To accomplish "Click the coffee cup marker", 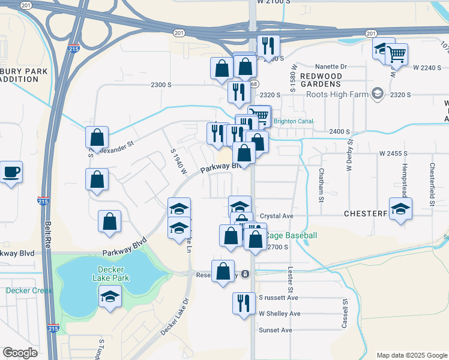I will pos(11,173).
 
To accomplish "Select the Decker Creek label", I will pos(29,291).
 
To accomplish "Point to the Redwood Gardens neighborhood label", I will pos(321,81).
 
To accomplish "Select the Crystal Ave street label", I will pos(276,216).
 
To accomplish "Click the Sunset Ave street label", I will pos(275,330).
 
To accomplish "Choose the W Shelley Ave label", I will pos(279,314).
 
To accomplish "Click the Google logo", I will pos(20,353).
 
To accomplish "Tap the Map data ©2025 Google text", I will pos(412,355).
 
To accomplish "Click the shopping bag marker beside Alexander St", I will pos(97,138).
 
